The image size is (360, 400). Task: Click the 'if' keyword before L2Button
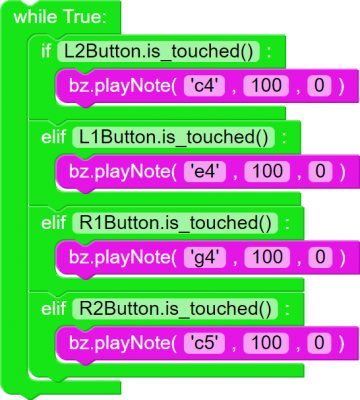coord(47,51)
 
